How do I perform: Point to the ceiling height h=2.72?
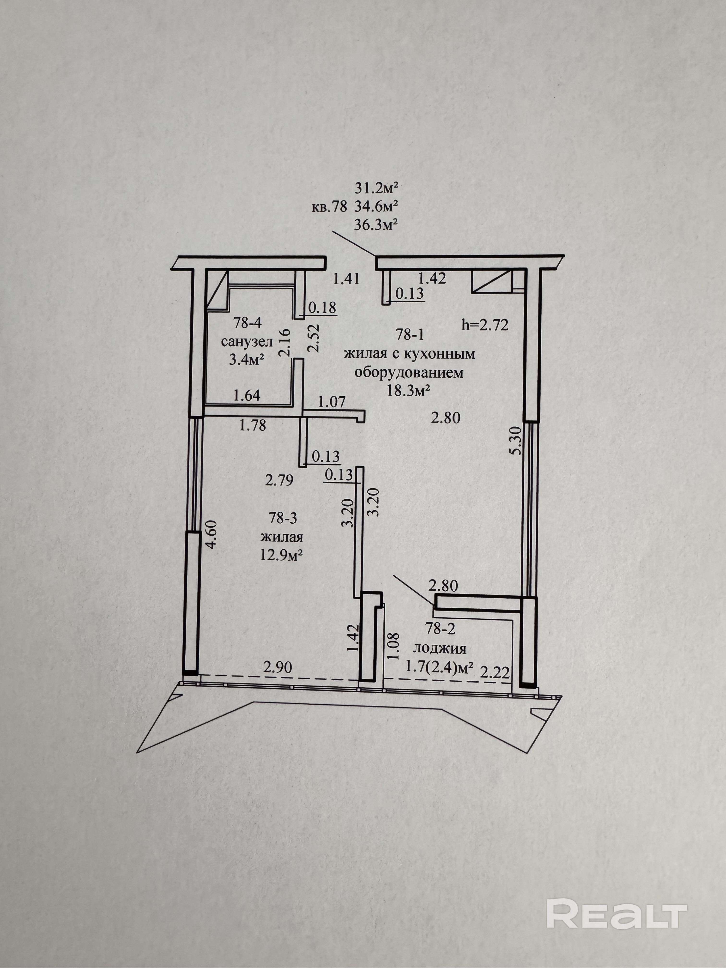tap(485, 325)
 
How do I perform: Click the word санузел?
tap(247, 341)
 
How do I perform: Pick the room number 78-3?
tap(283, 518)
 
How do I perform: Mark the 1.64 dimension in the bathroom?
tap(247, 396)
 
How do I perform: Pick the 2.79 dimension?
tap(279, 480)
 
